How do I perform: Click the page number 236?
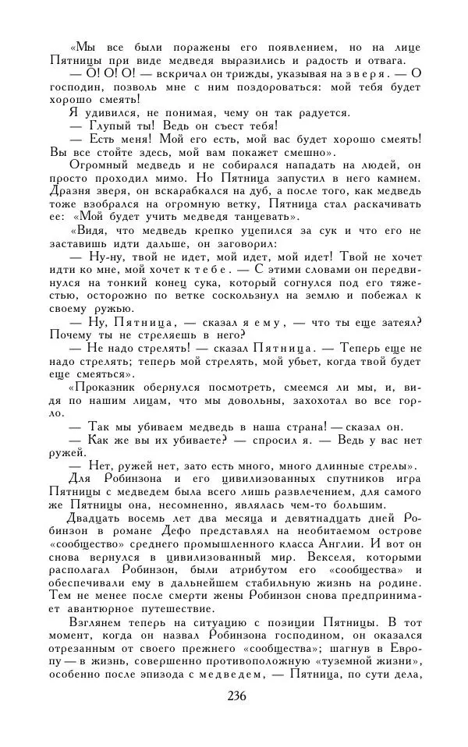tap(233, 696)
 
